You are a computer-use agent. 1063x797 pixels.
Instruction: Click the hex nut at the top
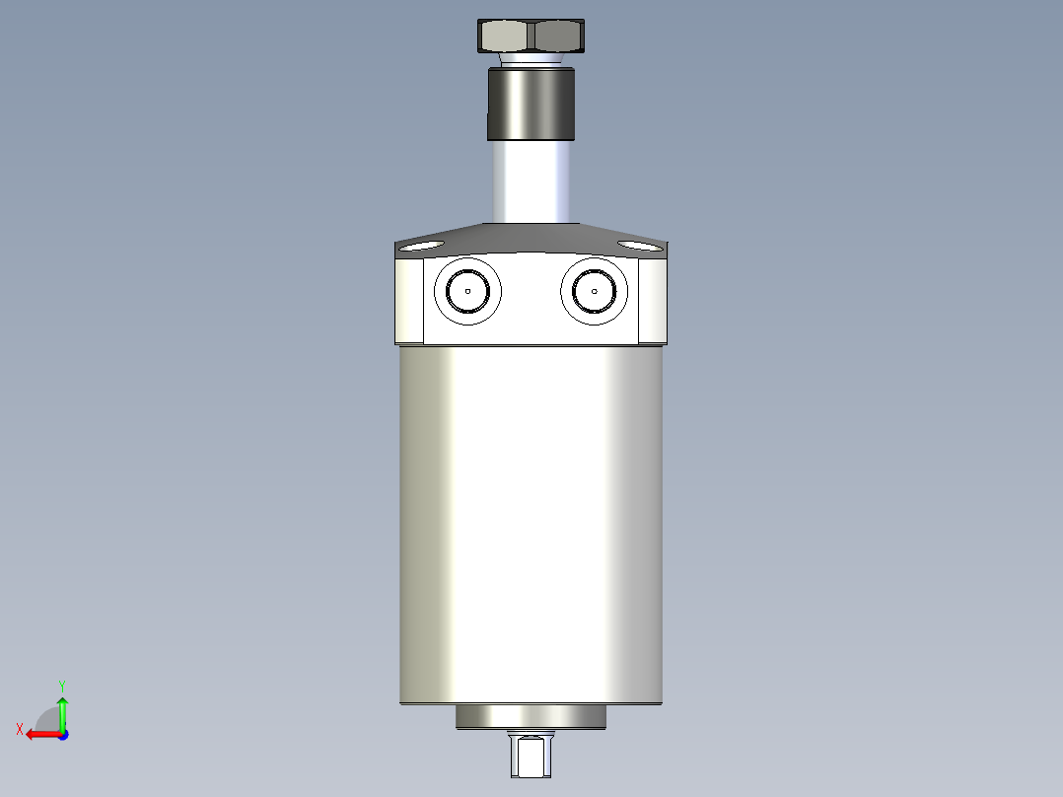pos(531,36)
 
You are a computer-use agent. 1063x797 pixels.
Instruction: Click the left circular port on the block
pos(467,291)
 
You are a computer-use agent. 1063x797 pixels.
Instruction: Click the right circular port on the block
pos(595,291)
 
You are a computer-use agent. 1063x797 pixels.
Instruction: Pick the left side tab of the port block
pos(409,300)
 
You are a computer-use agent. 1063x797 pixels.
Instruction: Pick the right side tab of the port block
pos(652,300)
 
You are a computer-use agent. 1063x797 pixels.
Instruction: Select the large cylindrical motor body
pos(531,523)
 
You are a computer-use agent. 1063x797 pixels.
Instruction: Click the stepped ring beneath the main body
pos(531,717)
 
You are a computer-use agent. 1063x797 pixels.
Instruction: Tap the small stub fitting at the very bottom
pos(531,757)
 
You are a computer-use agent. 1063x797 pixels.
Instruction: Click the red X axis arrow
pos(41,734)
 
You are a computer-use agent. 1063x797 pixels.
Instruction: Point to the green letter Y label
pos(62,685)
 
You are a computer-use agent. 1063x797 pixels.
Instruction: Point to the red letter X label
pos(20,730)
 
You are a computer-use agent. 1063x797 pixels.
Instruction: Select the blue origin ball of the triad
pos(62,734)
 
